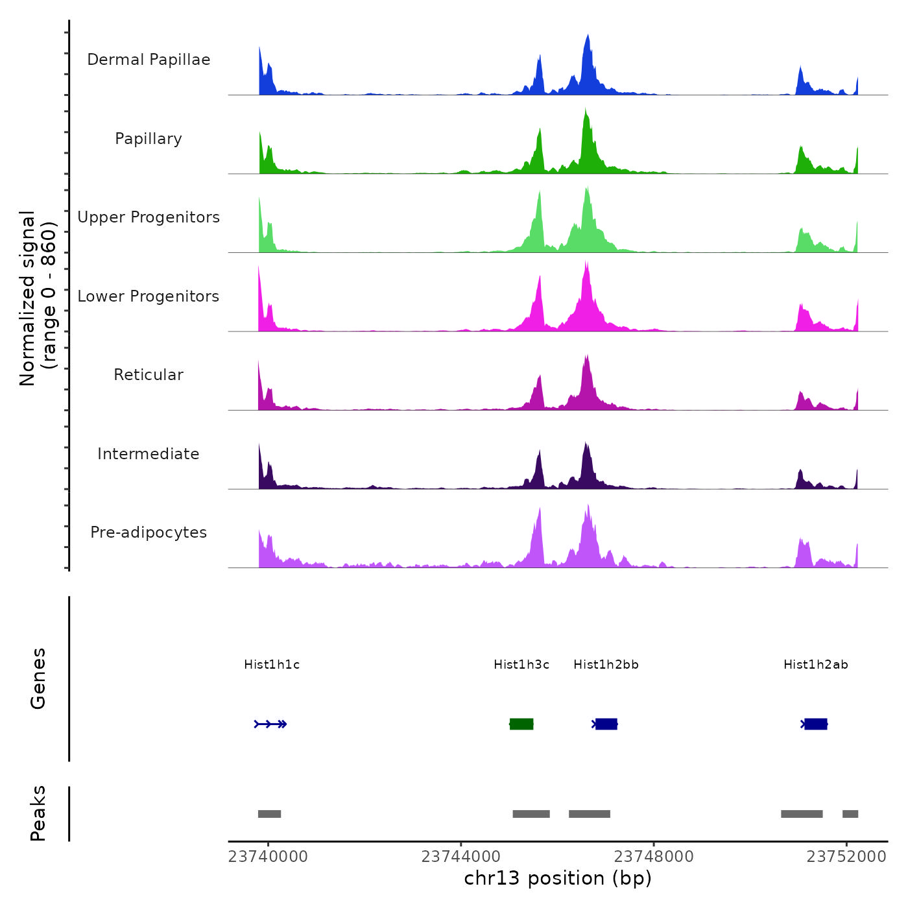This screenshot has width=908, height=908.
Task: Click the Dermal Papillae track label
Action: click(149, 60)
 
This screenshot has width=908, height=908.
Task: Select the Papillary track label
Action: click(149, 139)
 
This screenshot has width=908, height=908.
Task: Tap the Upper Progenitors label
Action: click(149, 217)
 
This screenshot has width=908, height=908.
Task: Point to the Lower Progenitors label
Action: click(149, 296)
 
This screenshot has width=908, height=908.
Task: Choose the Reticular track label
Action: click(149, 375)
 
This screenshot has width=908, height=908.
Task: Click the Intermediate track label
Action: click(149, 454)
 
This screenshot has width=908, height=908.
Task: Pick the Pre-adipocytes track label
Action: click(149, 532)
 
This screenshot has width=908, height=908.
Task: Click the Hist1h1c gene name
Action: click(272, 665)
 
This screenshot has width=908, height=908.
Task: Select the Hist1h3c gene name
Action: click(521, 665)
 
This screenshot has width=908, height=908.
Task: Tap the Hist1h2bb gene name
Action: click(606, 665)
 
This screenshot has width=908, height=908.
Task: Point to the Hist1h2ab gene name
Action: click(815, 665)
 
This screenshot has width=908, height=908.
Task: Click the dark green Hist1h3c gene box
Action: click(521, 724)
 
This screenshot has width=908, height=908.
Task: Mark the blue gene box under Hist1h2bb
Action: click(606, 724)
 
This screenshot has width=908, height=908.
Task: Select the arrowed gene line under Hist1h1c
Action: click(270, 724)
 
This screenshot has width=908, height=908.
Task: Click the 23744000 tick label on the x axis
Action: click(460, 857)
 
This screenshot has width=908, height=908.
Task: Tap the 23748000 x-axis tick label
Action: click(654, 857)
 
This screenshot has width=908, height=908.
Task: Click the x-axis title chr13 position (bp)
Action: click(558, 878)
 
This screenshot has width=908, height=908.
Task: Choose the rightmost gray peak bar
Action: click(850, 814)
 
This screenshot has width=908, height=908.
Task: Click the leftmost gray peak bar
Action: click(269, 814)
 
